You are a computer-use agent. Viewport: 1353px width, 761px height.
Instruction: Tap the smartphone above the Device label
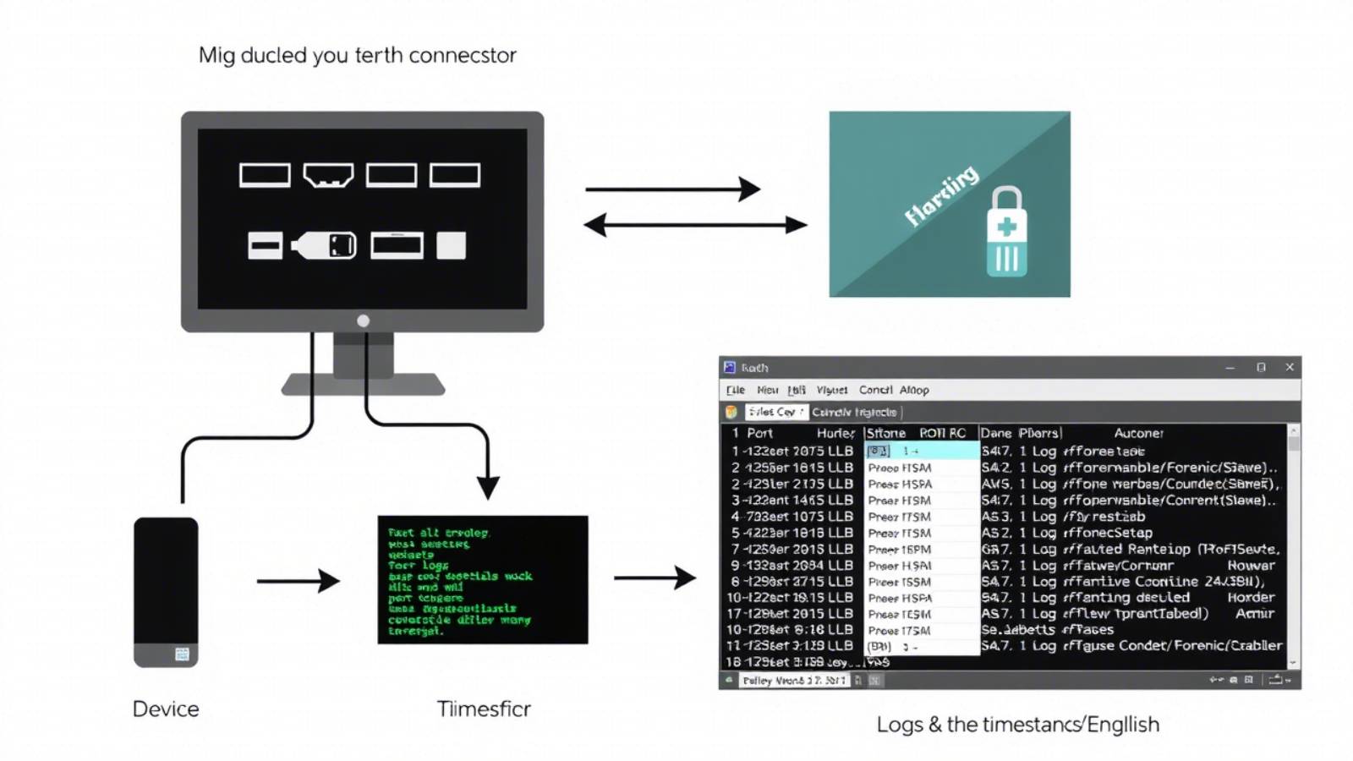[166, 592]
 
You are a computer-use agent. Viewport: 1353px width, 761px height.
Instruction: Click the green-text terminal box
[482, 580]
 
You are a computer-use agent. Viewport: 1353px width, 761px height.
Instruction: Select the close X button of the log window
[1290, 367]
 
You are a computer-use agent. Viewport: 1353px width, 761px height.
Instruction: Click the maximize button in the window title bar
[1261, 367]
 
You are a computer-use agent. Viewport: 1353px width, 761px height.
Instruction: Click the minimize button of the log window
[1230, 367]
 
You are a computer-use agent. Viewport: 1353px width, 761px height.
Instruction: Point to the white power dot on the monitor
[363, 320]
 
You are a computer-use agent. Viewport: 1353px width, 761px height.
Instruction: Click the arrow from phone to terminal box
[298, 581]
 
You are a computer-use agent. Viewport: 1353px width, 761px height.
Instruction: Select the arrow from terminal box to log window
[655, 578]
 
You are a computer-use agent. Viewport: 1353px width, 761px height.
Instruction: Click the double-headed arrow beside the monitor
[695, 225]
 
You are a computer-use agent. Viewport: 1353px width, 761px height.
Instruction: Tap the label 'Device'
[166, 709]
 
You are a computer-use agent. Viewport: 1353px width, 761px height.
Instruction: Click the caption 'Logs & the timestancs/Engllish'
[1017, 725]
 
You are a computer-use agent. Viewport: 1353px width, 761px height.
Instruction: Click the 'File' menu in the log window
[736, 390]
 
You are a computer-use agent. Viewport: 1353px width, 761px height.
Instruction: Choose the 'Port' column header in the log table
[759, 433]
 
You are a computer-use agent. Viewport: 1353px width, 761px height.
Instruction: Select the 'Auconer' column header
[1138, 433]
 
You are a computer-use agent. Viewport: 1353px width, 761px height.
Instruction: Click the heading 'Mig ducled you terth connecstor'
[357, 56]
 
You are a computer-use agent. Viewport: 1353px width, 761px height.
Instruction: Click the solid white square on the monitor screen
[451, 245]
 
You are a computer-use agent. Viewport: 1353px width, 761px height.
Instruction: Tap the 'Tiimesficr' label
[484, 709]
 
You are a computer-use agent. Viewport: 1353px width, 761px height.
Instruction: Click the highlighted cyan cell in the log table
[922, 451]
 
